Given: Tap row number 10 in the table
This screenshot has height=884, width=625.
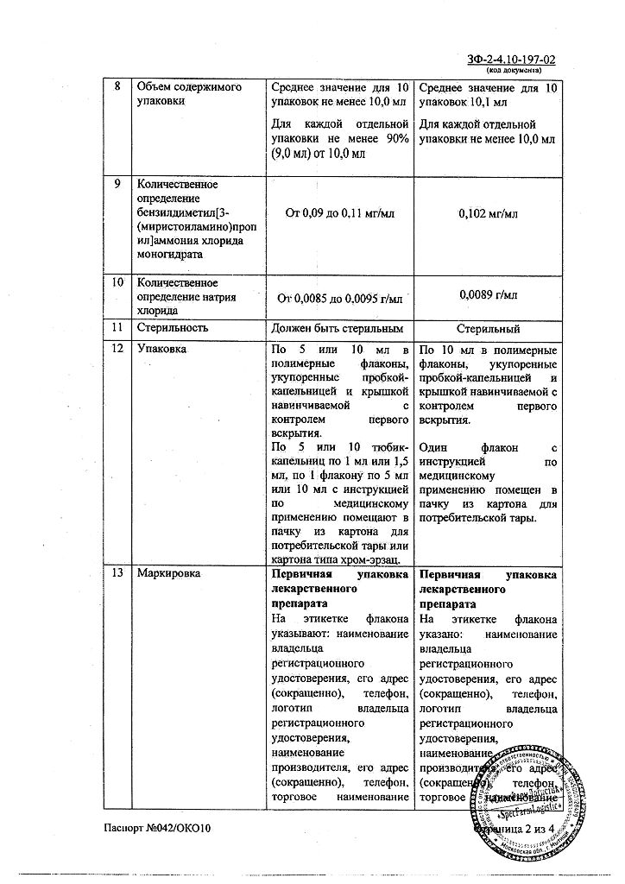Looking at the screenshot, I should click(x=117, y=283).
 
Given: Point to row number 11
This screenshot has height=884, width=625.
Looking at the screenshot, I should click(x=117, y=328).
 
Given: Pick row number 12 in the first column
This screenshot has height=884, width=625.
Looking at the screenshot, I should click(x=117, y=350).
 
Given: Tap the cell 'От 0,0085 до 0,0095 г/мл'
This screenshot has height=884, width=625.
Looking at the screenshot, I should click(x=338, y=300).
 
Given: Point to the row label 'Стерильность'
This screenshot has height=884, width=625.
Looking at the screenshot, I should click(x=173, y=328).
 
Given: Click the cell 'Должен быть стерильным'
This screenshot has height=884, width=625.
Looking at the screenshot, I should click(x=338, y=329).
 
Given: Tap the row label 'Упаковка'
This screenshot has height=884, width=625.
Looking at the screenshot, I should click(x=161, y=350).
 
